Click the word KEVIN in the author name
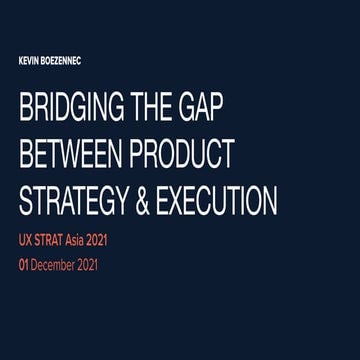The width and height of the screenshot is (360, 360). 28,60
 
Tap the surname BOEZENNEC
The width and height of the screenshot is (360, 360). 62,60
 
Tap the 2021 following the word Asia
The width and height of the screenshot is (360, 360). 115,240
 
